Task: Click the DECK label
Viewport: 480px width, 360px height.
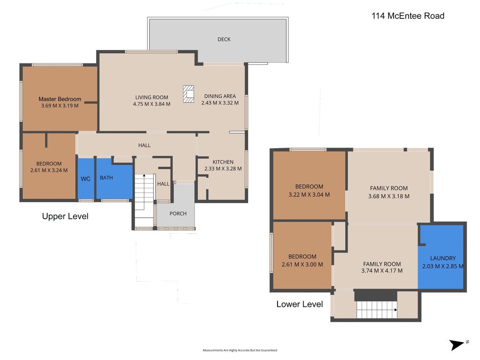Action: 224,39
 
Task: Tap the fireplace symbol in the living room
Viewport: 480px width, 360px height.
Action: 188,94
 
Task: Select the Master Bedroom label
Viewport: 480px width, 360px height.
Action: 60,99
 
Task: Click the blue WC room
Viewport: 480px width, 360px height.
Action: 86,178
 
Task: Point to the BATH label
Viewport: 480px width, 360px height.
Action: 106,178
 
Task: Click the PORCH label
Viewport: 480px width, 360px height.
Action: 178,213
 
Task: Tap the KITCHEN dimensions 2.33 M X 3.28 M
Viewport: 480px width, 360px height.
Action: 223,168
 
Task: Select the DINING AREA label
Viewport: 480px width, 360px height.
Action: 220,96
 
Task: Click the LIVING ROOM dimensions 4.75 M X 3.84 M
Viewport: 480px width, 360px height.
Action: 152,104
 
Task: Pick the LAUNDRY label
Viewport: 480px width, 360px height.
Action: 443,258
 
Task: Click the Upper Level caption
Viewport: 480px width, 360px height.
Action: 65,216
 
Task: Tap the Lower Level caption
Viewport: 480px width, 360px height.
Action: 300,304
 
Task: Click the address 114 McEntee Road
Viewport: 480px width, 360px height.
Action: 408,16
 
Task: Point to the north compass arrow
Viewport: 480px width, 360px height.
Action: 457,345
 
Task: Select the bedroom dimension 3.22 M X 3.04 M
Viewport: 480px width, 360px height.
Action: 309,194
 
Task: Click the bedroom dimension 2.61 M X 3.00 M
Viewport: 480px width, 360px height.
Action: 302,264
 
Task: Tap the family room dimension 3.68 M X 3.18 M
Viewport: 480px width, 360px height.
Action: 389,196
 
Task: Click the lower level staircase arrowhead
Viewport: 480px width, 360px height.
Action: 395,310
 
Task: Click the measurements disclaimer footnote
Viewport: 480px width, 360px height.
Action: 240,350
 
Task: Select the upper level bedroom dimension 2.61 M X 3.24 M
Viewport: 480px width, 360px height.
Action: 49,170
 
